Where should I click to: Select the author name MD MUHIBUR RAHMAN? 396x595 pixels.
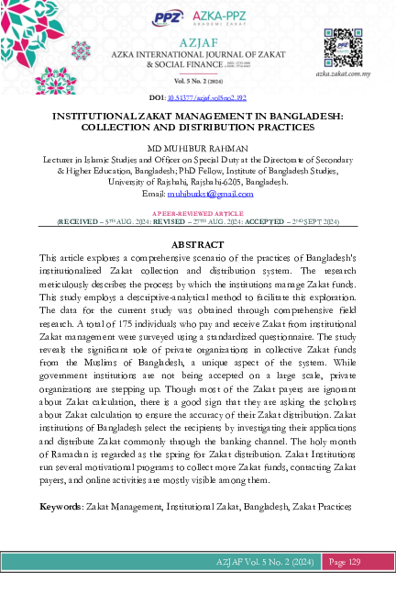198,147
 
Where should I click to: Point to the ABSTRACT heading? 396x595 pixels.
198,244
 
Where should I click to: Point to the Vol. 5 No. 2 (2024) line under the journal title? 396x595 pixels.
198,82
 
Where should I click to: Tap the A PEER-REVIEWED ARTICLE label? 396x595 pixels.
198,211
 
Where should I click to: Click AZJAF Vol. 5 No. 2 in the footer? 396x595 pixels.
251,561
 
